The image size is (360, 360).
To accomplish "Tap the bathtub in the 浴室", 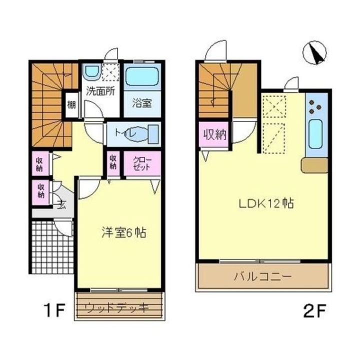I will coord(141,76).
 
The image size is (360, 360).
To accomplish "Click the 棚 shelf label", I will coord(71,105).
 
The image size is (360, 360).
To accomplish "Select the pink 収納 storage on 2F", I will coord(214,134).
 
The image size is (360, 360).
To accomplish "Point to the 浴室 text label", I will coord(141,103).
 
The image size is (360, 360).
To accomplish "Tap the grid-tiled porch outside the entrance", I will coord(51,247).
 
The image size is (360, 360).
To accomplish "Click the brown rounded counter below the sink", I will coord(314,165).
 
